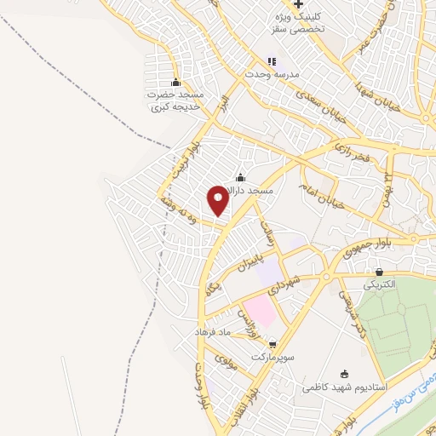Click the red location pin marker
(x=219, y=198)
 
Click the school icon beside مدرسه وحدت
(x=272, y=61)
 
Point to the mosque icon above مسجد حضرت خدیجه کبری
(x=176, y=83)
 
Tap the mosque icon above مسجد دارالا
(x=240, y=177)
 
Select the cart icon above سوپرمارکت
(x=272, y=343)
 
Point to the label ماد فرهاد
(x=214, y=330)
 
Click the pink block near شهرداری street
(x=259, y=312)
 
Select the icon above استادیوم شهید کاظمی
(x=344, y=374)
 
